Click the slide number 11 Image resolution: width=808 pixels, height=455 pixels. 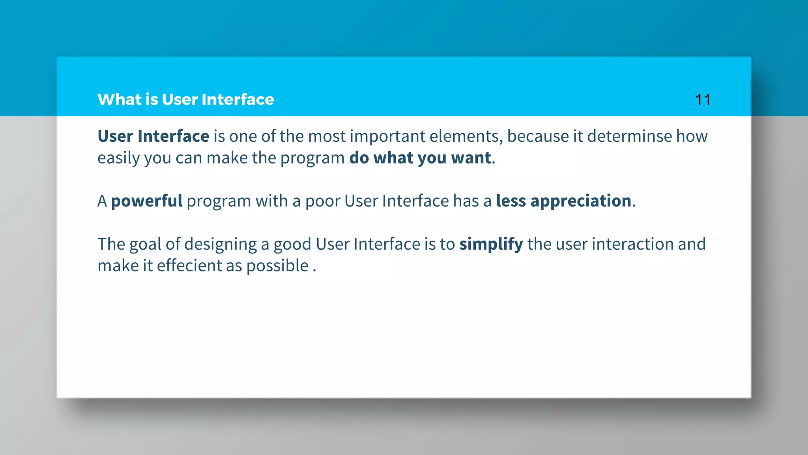(x=703, y=100)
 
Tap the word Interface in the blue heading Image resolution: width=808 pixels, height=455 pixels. (x=238, y=100)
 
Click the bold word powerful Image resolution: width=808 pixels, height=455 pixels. (x=146, y=201)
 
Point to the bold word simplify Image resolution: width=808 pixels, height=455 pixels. (x=491, y=244)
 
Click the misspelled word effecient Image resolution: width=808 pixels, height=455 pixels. (x=189, y=266)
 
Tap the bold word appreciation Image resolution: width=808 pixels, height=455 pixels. (x=581, y=201)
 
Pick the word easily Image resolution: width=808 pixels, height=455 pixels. (x=118, y=158)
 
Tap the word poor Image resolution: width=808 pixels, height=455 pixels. (x=322, y=201)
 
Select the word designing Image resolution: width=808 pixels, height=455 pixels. (x=220, y=244)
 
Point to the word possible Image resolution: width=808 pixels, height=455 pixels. (x=277, y=266)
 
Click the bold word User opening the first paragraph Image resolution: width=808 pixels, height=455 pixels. (x=115, y=136)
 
